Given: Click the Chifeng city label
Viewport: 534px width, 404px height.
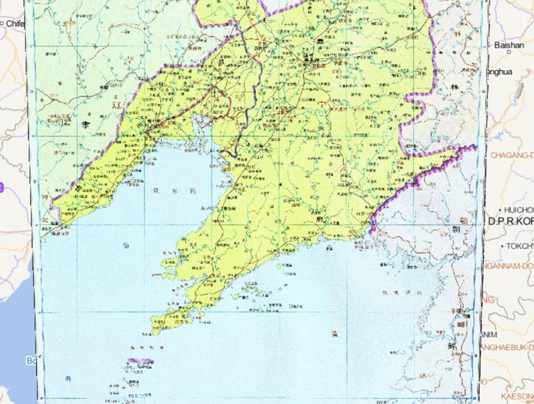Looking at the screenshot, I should (x=15, y=23).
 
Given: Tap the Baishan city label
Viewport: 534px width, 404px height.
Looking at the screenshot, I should (x=510, y=45).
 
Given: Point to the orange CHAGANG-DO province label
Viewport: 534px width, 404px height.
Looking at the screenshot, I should (x=513, y=155).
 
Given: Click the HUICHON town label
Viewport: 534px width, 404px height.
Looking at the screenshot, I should (x=518, y=209).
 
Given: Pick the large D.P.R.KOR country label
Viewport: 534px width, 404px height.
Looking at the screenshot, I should (x=511, y=221).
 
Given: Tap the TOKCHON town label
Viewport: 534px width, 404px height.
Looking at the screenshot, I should (x=519, y=246).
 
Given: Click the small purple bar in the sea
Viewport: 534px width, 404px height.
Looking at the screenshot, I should (x=140, y=360).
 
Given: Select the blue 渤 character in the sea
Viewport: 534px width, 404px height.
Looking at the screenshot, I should (x=126, y=245).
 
